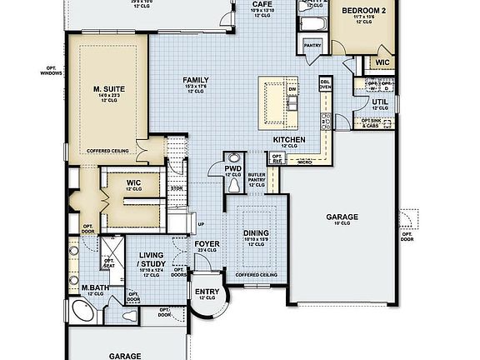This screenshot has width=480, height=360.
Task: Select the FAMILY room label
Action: pos(196,80)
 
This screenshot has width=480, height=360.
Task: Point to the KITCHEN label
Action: pos(289,139)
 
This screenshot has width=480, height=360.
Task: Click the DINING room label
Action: pos(255,234)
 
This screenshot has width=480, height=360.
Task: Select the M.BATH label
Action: pos(92,288)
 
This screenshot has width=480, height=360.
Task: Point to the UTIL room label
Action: pos(379,101)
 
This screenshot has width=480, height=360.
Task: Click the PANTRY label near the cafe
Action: pos(313,46)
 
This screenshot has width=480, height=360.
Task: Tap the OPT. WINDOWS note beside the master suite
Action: pos(49,71)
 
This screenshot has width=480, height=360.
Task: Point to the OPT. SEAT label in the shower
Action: pos(108,262)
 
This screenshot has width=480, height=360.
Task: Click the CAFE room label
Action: pos(259,4)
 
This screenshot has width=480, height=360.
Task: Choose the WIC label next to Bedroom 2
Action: pos(382,62)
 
